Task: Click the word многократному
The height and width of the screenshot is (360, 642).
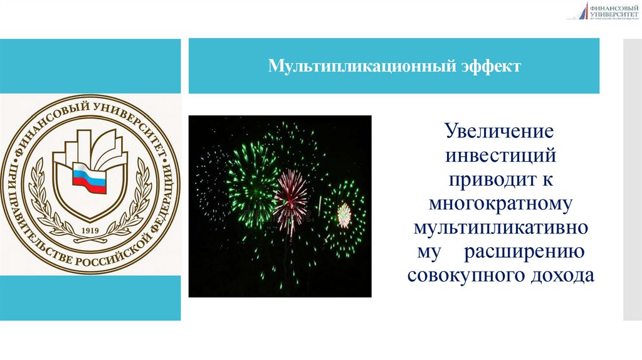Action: click(500, 204)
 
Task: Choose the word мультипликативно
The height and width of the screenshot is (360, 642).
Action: click(500, 227)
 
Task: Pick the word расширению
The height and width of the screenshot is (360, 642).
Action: click(524, 251)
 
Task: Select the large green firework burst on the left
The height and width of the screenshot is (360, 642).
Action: click(251, 182)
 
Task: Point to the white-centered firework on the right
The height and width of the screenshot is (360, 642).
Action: click(344, 214)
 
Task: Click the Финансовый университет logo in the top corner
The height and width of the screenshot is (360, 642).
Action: click(602, 11)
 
